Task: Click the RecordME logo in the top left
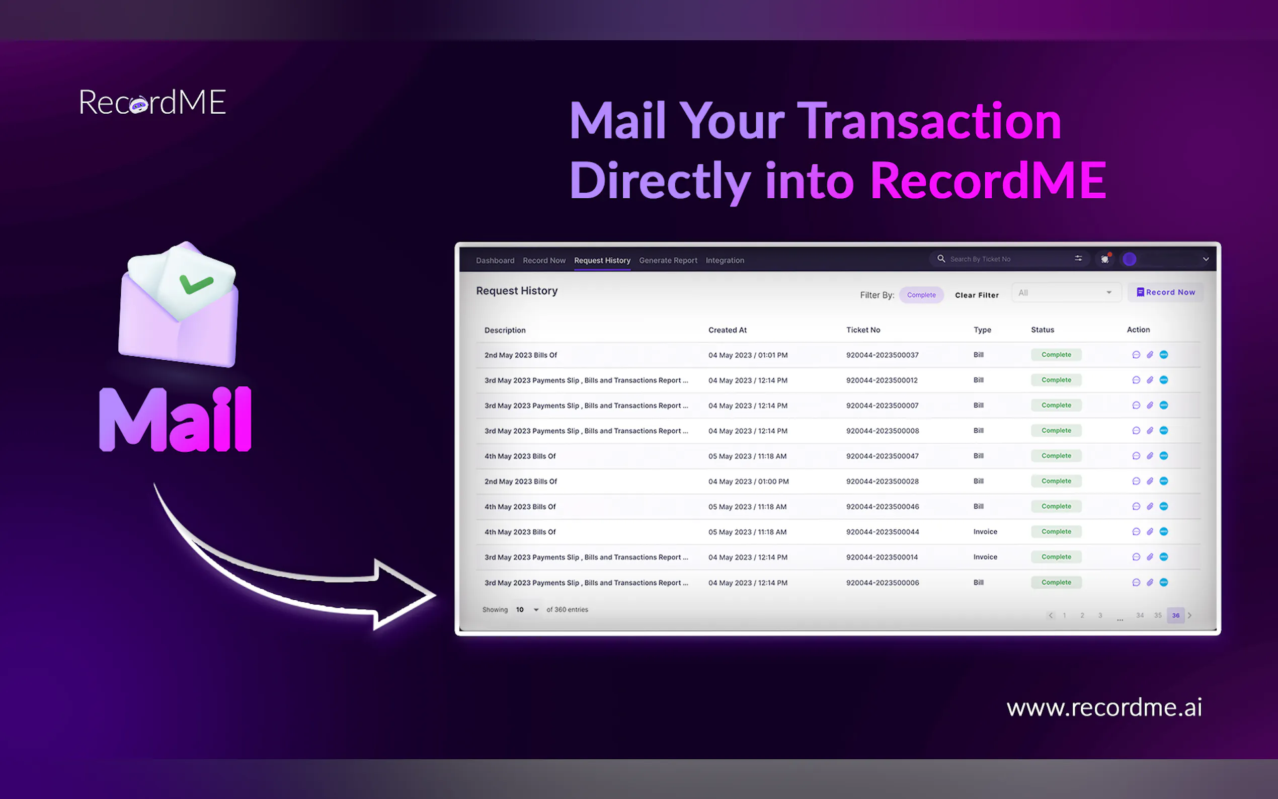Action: click(x=152, y=102)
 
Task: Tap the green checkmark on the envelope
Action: click(x=196, y=284)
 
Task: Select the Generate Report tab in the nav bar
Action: click(x=668, y=260)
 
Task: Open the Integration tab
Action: click(x=725, y=260)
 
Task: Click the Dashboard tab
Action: click(x=495, y=260)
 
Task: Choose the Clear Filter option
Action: click(x=977, y=295)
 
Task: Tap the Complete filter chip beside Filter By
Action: click(x=921, y=295)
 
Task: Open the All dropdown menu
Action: click(x=1066, y=292)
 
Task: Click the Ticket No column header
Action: click(x=863, y=330)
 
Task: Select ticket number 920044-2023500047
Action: click(x=883, y=456)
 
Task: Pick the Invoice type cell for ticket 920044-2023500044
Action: click(x=985, y=532)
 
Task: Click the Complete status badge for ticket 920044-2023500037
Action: click(x=1056, y=355)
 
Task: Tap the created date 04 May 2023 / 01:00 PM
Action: click(x=748, y=482)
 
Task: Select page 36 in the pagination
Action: click(x=1175, y=615)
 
